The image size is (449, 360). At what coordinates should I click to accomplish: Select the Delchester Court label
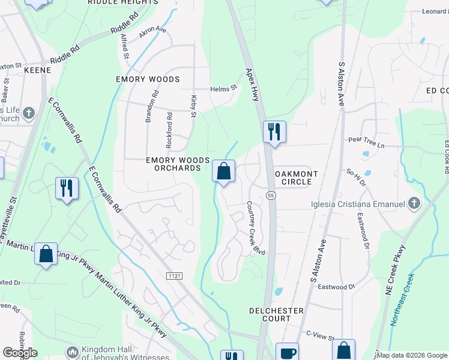click(x=276, y=314)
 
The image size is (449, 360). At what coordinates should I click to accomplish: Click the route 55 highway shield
click(x=271, y=196)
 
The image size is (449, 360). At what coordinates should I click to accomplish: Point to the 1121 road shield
click(x=174, y=275)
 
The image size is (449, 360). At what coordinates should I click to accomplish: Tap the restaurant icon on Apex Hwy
click(x=274, y=131)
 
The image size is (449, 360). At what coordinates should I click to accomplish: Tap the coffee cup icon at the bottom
click(x=287, y=353)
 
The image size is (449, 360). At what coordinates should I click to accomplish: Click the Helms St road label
click(x=224, y=89)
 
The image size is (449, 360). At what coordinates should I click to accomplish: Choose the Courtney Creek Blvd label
click(x=255, y=227)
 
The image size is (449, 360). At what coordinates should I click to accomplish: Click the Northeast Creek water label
click(x=402, y=300)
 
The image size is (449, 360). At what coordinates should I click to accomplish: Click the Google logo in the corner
click(x=20, y=353)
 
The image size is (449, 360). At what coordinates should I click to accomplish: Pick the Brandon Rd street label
click(x=150, y=106)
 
